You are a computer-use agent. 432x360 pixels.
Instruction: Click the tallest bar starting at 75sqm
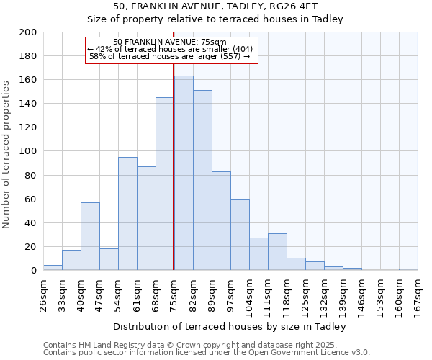point(184,173)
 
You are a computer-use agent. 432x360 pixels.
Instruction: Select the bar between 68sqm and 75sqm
point(165,184)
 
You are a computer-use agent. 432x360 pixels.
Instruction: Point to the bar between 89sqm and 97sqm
point(221,221)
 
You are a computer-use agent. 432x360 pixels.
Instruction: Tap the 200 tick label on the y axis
point(28,32)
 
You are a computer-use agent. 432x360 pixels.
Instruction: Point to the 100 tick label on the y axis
point(28,151)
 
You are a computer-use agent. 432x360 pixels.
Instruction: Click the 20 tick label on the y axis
point(31,247)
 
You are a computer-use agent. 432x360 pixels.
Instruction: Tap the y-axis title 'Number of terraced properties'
point(6,154)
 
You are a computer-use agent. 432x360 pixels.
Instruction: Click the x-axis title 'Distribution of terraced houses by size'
point(230,326)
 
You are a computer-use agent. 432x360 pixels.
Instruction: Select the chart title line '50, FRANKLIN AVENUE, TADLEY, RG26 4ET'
point(215,6)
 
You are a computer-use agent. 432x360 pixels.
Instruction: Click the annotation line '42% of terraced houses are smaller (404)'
point(171,49)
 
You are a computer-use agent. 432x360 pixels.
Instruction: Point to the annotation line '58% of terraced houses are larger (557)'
point(171,56)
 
